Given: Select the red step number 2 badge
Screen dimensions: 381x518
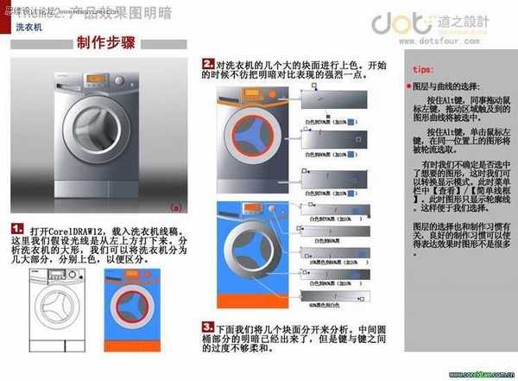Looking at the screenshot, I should point(208,64).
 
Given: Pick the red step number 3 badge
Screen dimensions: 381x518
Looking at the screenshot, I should point(208,327).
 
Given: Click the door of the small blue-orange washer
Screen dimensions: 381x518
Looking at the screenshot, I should point(129,305).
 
